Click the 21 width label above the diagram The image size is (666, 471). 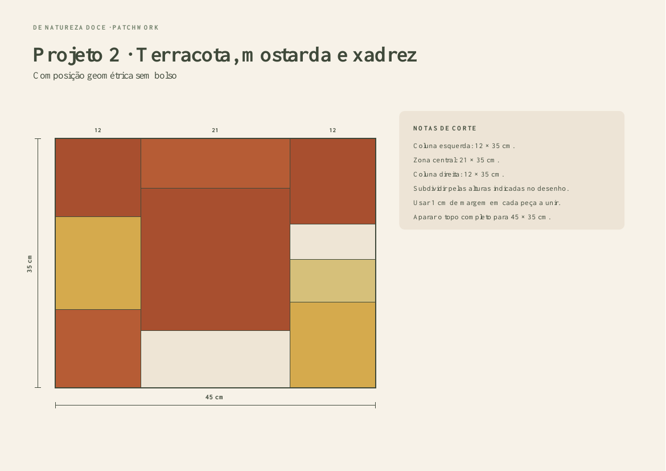point(215,130)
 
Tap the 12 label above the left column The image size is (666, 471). point(98,130)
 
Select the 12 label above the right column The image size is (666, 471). point(332,130)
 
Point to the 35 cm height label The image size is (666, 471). point(29,264)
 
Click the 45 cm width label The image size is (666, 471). point(214,397)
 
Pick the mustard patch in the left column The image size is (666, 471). point(98,263)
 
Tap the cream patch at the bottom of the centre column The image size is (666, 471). point(215,359)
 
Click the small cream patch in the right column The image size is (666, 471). point(332,242)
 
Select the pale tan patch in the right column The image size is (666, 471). point(332,281)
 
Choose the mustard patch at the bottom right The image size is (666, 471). point(332,345)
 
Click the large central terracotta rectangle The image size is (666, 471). point(215,259)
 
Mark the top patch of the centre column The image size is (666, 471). point(215,163)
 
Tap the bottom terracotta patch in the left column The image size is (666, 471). point(98,349)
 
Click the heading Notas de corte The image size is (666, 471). point(445,128)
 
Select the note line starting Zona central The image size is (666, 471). point(456,160)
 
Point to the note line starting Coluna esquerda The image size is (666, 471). point(464,146)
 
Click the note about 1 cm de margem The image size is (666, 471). point(487,203)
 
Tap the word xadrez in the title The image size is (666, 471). point(385,55)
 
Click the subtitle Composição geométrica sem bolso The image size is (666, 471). point(105,76)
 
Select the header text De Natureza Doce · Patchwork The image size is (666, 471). point(96,28)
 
